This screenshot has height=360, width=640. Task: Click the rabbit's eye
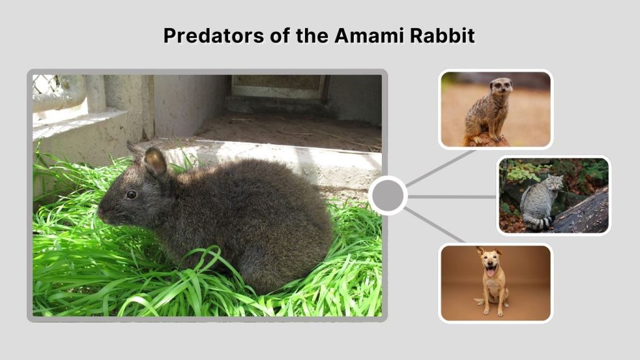[x=131, y=194]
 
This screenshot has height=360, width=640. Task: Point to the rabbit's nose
[x=101, y=211]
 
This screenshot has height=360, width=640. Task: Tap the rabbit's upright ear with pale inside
[x=156, y=162]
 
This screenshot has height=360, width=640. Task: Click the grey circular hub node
[x=387, y=196]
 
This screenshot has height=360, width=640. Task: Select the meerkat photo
[x=495, y=109]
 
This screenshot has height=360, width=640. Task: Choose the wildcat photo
[x=554, y=196]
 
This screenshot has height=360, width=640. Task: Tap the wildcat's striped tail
[x=537, y=222]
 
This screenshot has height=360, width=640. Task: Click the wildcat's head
[x=554, y=182]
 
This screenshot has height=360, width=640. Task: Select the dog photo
[x=495, y=283]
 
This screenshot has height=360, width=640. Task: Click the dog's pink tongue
[x=491, y=273]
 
